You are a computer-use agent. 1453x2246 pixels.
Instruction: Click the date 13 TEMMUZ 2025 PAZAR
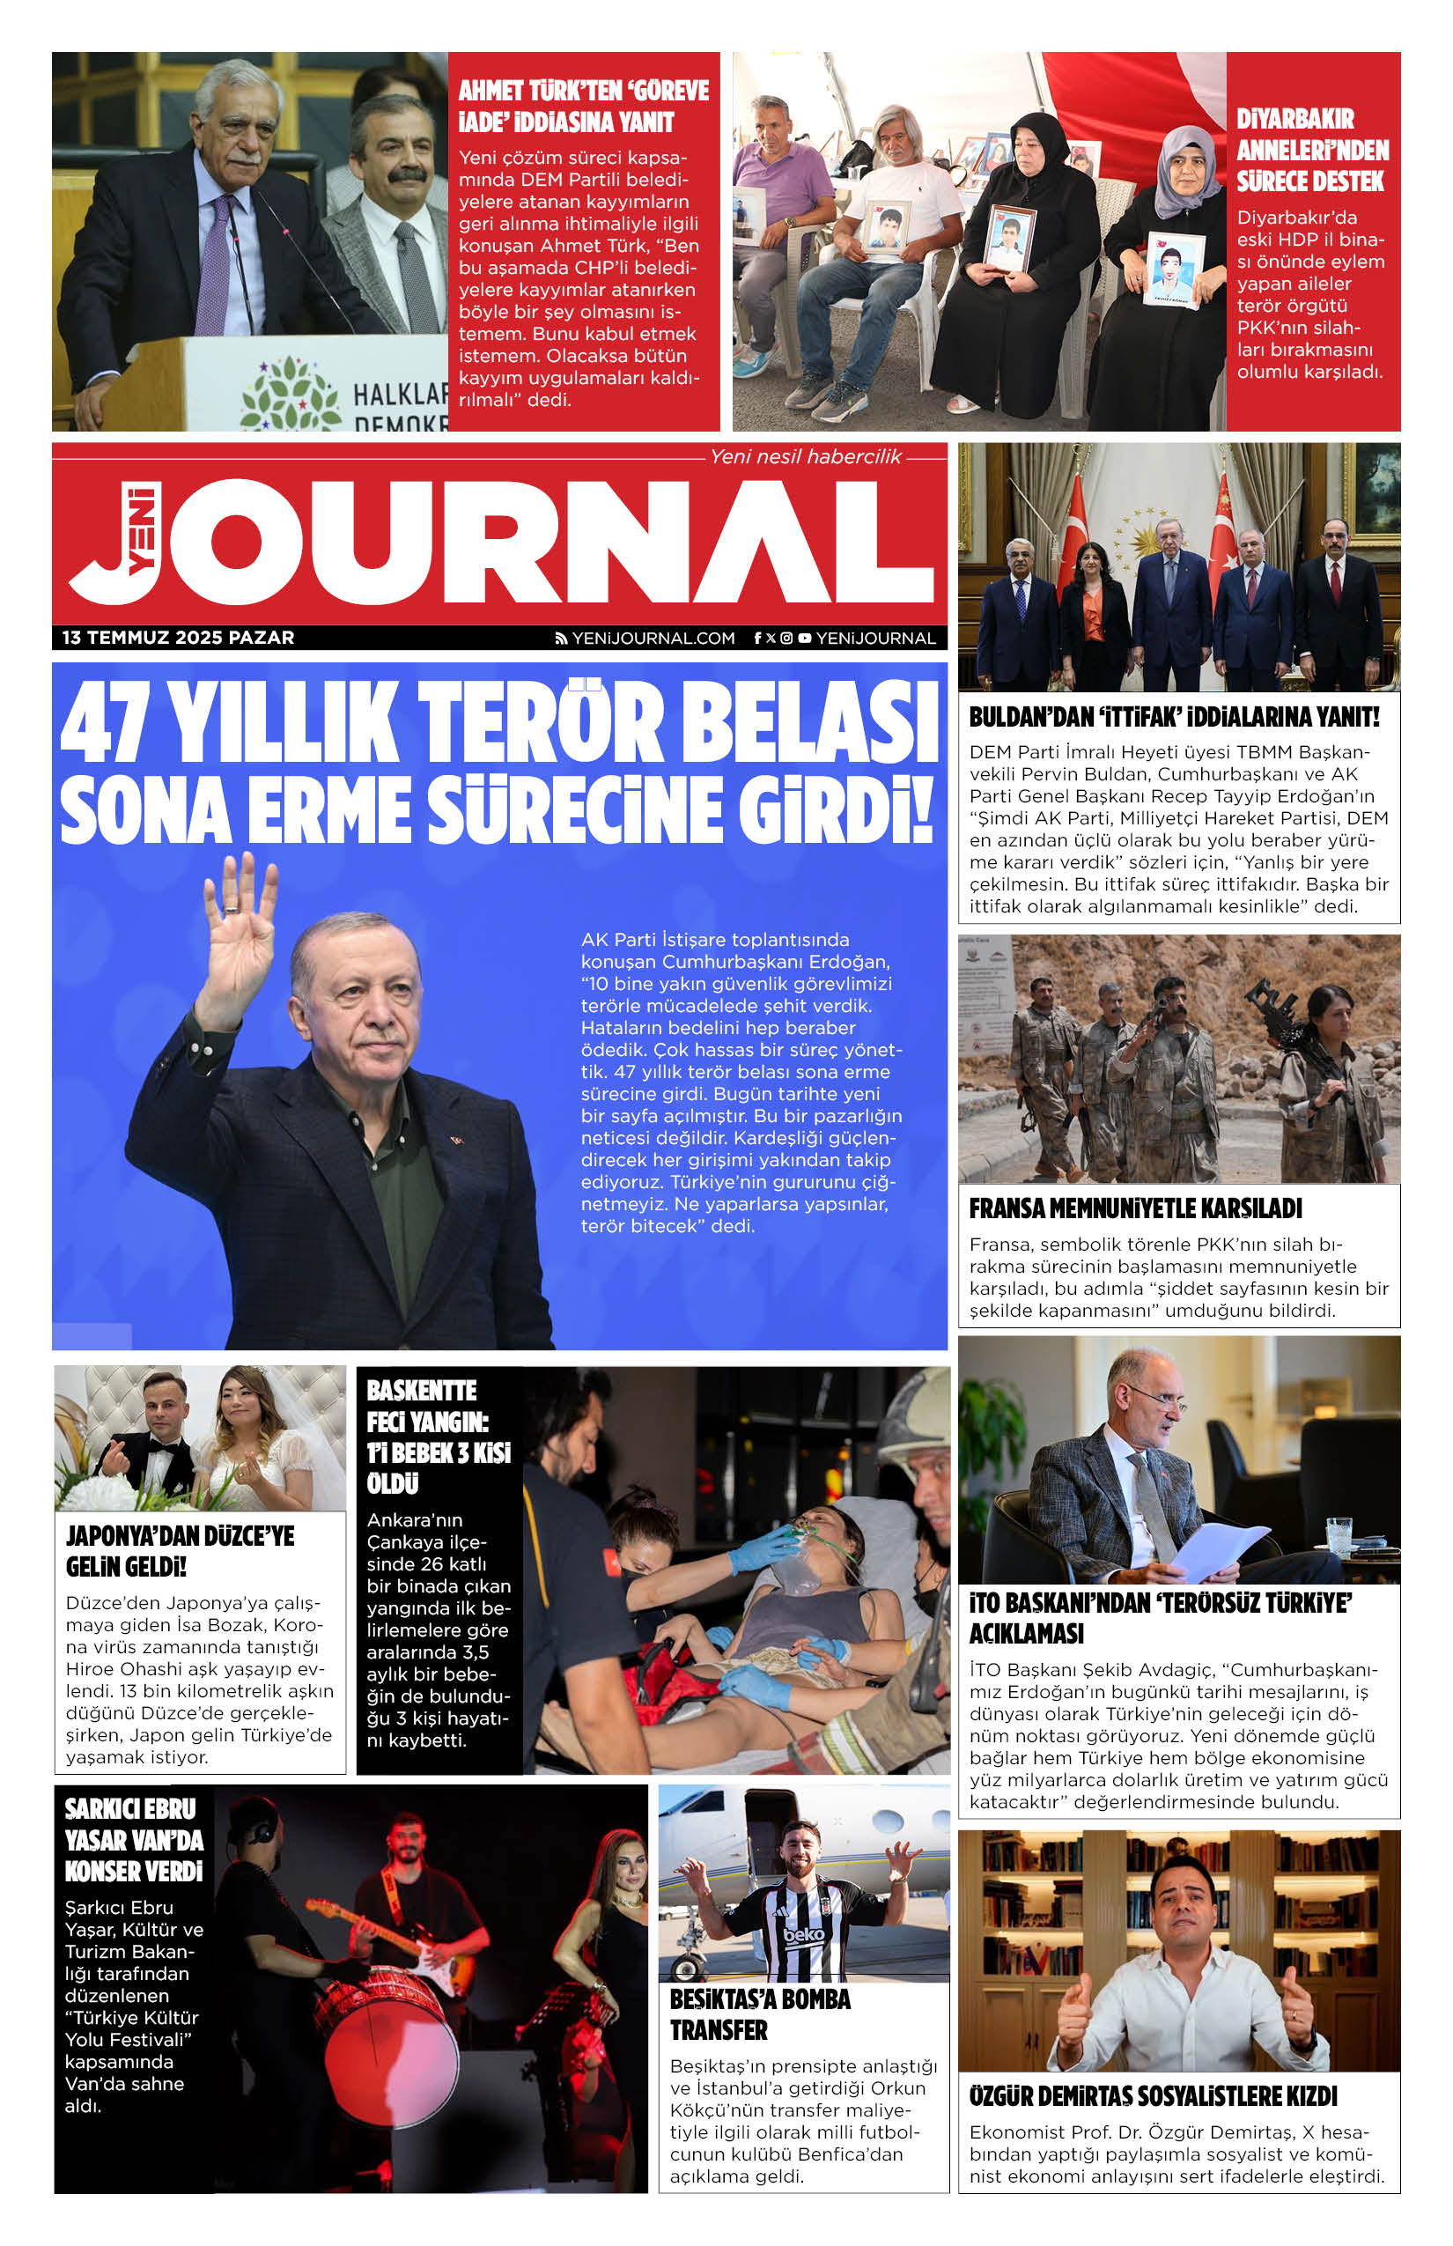(x=178, y=638)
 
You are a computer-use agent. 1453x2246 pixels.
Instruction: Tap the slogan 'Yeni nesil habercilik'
(x=805, y=457)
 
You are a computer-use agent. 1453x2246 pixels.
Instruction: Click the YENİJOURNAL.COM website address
(x=652, y=639)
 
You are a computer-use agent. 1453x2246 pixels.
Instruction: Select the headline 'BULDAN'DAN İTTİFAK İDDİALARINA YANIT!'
(x=1174, y=717)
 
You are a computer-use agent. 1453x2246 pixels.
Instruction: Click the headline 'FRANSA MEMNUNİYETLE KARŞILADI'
(x=1135, y=1208)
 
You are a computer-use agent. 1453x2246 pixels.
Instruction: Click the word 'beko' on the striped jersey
(x=803, y=1934)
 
